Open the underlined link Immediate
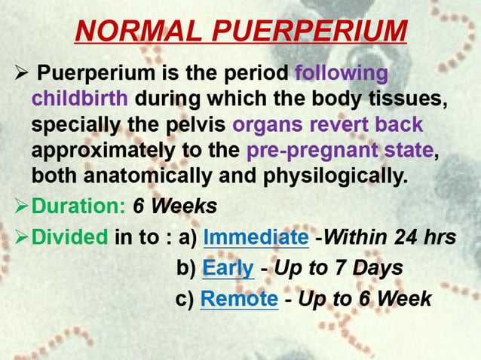[256, 237]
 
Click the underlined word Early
[228, 268]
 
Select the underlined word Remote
[239, 299]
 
